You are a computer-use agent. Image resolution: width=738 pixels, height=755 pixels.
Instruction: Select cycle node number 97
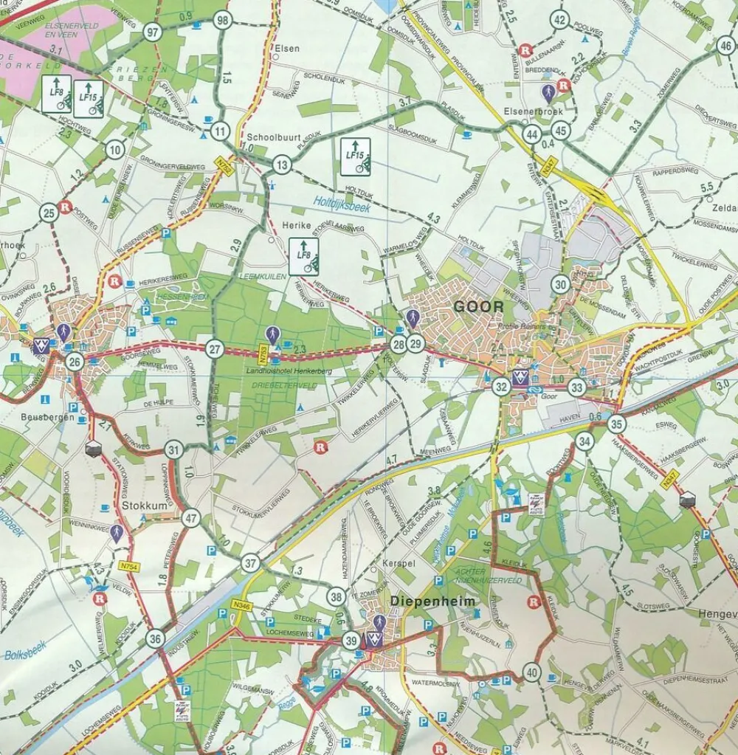click(x=153, y=32)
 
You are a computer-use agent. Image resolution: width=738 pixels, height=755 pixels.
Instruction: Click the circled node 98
click(x=222, y=21)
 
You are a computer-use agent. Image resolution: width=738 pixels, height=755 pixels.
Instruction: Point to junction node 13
click(x=281, y=165)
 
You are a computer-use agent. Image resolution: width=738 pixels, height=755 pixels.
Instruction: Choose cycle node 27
click(x=214, y=349)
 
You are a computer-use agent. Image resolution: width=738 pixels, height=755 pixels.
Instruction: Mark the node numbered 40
click(x=531, y=672)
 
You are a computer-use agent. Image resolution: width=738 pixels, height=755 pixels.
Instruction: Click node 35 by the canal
click(x=617, y=424)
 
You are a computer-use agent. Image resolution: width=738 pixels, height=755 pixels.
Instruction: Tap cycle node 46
click(x=726, y=45)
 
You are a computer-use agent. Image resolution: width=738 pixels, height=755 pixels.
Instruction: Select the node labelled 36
click(x=154, y=638)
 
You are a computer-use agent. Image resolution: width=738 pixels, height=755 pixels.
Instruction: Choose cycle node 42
click(x=560, y=20)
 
